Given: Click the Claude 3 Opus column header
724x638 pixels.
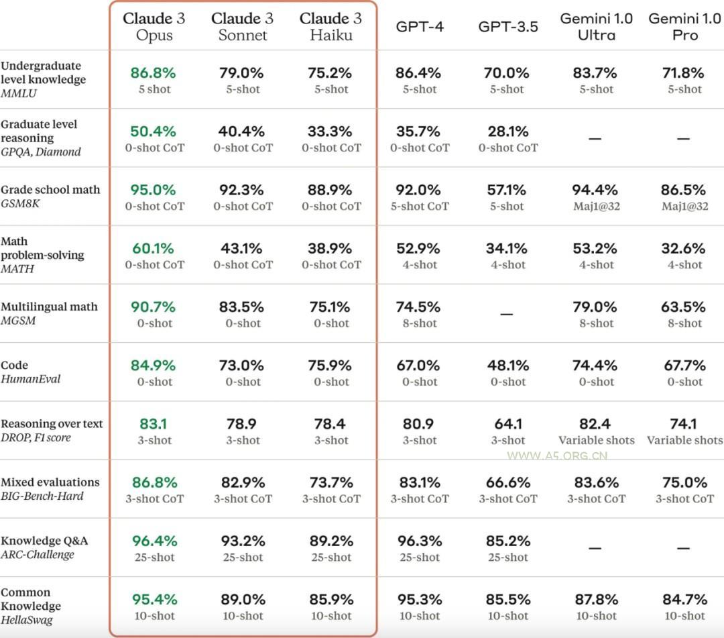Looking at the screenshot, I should [x=154, y=27].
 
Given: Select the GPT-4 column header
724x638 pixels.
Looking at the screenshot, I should [x=419, y=27].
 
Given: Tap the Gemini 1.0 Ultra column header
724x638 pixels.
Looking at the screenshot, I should [x=596, y=27].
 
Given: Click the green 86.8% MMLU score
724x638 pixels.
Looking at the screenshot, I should [x=154, y=72].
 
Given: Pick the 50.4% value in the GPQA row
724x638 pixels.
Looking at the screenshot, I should [x=154, y=131].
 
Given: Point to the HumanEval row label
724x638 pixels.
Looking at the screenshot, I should [x=31, y=379].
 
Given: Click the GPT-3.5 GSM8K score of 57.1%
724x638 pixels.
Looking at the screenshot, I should [x=507, y=190].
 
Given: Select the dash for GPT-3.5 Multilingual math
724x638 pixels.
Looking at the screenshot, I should [x=507, y=314].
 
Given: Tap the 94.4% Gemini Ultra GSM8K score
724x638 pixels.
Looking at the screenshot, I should [x=596, y=190].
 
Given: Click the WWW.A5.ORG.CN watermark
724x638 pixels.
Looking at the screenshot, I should [x=557, y=456].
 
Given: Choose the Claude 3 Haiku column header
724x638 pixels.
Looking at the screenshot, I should [x=330, y=27].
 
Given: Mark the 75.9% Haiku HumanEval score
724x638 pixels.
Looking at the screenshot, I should [x=330, y=366].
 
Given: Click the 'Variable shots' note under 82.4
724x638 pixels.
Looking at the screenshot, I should [x=596, y=441].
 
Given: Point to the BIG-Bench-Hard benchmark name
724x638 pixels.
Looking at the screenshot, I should [x=42, y=496].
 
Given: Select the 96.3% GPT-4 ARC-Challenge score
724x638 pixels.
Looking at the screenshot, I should [x=419, y=541].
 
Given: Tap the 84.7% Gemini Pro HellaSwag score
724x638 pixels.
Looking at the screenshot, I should [x=684, y=599].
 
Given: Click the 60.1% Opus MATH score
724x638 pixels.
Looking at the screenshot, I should [x=154, y=248].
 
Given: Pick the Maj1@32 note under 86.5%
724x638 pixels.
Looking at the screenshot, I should [x=684, y=207].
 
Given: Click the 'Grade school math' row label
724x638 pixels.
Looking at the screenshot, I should [x=50, y=190].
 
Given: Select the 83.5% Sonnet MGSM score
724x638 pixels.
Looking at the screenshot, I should [x=242, y=307].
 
